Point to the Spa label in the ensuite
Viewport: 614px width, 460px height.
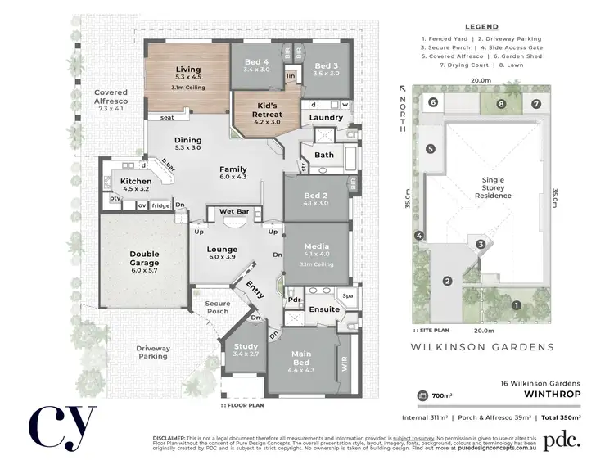click(x=347, y=295)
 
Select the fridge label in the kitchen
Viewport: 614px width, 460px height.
click(x=160, y=205)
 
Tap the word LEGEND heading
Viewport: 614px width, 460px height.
click(x=482, y=25)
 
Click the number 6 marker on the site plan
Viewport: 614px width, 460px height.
click(x=433, y=102)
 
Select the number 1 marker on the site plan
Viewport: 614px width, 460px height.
click(x=516, y=305)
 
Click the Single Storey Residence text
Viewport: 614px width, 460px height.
click(x=493, y=187)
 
